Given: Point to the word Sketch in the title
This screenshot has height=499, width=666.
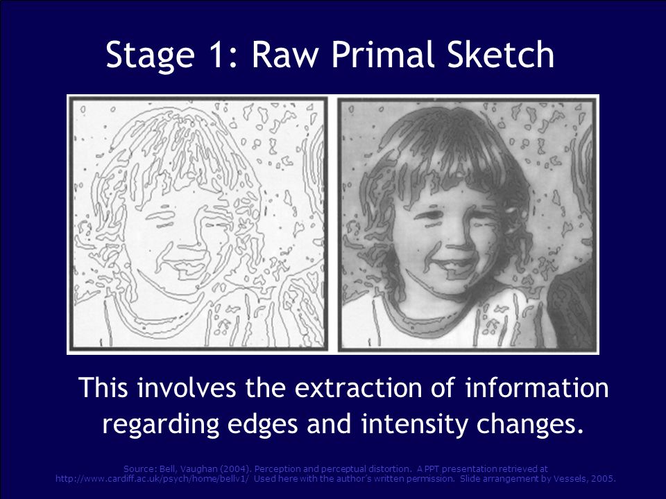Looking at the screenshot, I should [504, 55].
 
